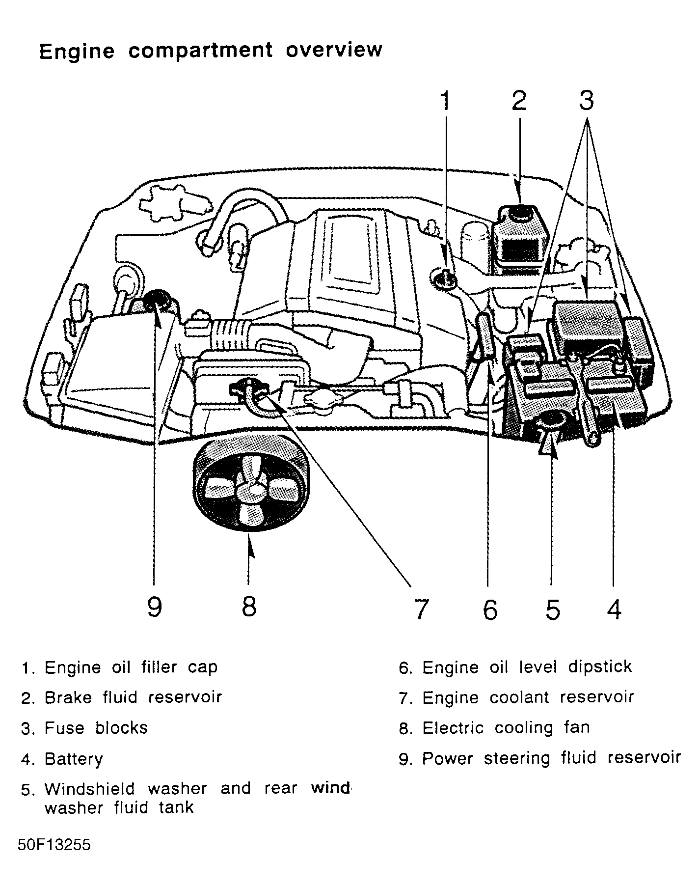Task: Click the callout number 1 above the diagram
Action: (446, 101)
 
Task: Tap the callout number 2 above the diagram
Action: (518, 101)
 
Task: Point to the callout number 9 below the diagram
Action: (154, 608)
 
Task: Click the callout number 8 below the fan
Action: (249, 607)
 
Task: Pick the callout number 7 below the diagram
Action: (421, 609)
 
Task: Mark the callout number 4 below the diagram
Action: (614, 609)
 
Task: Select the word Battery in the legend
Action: (74, 759)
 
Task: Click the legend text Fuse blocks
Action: (96, 728)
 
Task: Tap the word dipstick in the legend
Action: (600, 667)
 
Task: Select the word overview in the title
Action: (334, 50)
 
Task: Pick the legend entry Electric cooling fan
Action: (506, 728)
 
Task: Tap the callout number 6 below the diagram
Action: (489, 609)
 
